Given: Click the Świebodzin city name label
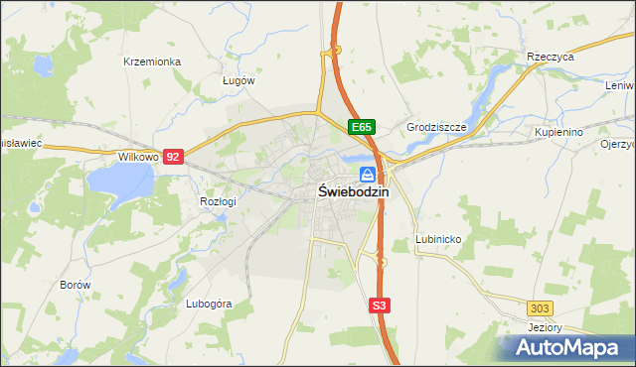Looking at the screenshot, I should [353, 192].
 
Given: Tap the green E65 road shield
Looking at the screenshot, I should [362, 127].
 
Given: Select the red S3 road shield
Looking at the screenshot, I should [379, 306].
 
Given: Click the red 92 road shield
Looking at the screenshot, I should [174, 157].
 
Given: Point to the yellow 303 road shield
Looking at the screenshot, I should [541, 308].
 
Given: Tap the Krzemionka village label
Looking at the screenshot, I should [152, 61].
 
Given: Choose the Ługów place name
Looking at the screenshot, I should [238, 80].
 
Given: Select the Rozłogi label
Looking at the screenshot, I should [218, 201].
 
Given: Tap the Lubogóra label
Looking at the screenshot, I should [209, 304].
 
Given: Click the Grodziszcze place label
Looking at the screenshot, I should [436, 127].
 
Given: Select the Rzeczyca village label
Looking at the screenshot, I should [552, 58].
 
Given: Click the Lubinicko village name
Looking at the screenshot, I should [436, 239].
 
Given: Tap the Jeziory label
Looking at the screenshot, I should [546, 327].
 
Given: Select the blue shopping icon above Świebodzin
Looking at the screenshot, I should [368, 174].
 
